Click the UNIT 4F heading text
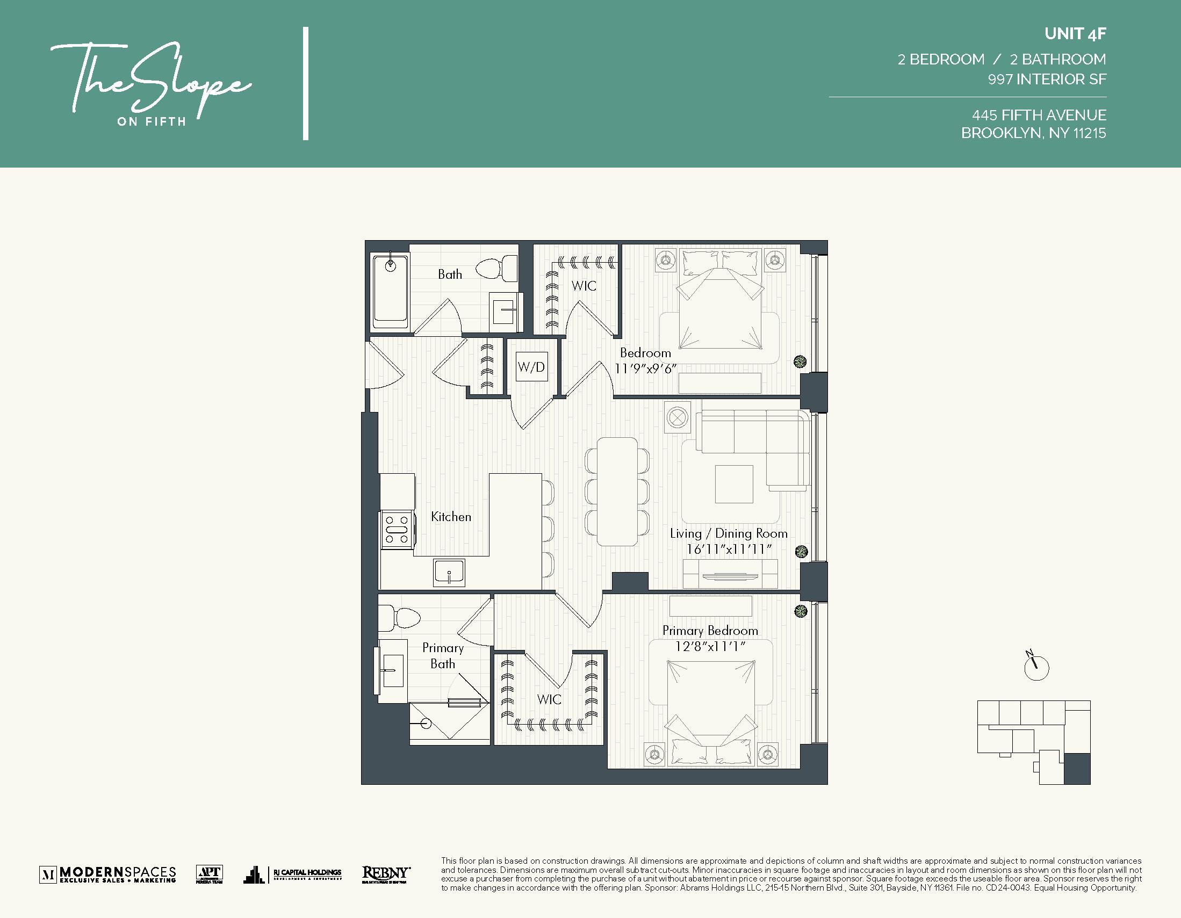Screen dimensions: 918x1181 1075,34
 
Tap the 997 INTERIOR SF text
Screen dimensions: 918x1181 1046,79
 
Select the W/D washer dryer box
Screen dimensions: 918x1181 531,367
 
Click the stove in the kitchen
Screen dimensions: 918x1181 397,530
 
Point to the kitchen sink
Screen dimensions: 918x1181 449,573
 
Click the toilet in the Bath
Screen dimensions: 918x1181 496,268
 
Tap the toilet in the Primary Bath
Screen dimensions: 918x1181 400,617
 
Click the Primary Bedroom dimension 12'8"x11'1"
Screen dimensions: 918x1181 710,646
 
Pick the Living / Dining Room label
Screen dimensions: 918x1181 729,533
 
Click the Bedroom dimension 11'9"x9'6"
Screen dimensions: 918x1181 646,368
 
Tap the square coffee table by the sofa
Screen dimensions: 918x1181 734,484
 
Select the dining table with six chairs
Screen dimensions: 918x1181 617,491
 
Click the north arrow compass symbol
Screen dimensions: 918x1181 1036,667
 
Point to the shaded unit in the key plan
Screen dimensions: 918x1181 1077,768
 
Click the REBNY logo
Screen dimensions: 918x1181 386,873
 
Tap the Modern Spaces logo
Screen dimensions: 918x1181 108,874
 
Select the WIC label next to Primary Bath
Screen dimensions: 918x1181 549,699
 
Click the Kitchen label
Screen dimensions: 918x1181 451,517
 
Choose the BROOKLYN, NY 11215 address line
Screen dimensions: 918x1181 1033,133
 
